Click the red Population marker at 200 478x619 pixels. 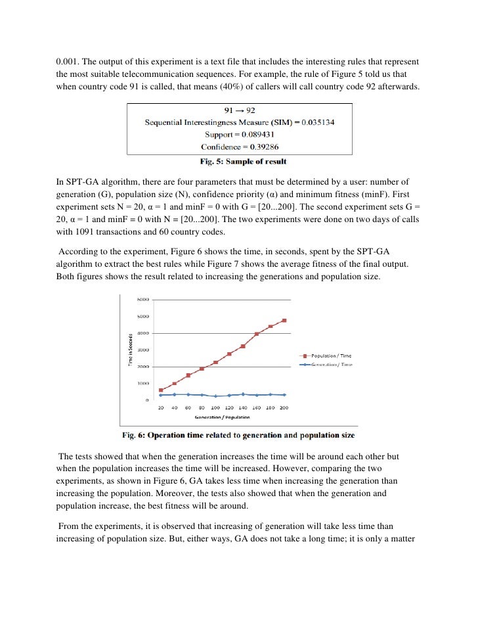(284, 321)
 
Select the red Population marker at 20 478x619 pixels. (161, 390)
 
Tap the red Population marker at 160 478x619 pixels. (257, 334)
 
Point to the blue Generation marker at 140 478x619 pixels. (243, 394)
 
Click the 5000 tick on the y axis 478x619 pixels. (142, 317)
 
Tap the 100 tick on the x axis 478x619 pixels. (215, 408)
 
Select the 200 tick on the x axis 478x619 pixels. (284, 408)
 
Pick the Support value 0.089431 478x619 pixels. (259, 135)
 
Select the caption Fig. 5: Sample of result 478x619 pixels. (243, 161)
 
